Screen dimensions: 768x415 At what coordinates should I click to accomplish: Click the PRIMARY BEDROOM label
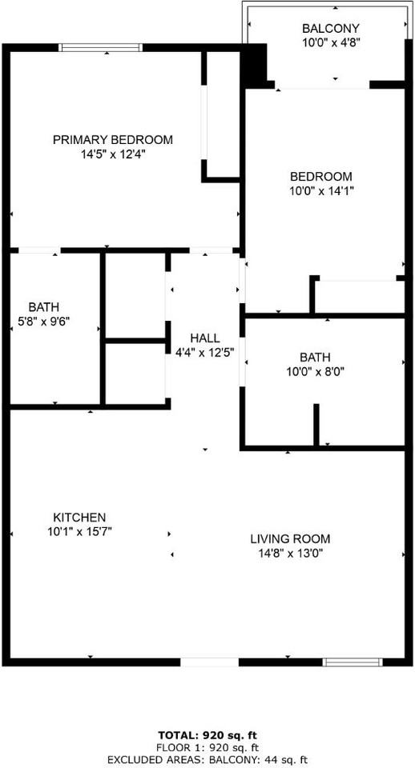pyautogui.click(x=112, y=140)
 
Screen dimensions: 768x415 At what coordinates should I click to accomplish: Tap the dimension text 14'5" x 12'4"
pyautogui.click(x=112, y=154)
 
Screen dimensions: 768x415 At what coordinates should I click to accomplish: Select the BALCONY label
pyautogui.click(x=331, y=28)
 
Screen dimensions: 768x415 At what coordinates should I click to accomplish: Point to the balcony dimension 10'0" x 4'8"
pyautogui.click(x=331, y=42)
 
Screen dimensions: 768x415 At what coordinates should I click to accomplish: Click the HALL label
pyautogui.click(x=204, y=338)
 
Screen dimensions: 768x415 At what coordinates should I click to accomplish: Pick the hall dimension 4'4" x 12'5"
pyautogui.click(x=207, y=351)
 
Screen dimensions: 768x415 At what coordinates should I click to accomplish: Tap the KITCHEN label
pyautogui.click(x=79, y=518)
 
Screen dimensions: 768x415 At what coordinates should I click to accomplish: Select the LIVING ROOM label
pyautogui.click(x=290, y=539)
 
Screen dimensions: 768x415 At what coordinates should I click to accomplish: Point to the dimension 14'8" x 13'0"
pyautogui.click(x=290, y=553)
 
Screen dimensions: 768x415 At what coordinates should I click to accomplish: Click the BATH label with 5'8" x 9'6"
pyautogui.click(x=43, y=307)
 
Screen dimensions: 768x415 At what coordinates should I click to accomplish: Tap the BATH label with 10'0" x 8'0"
pyautogui.click(x=315, y=357)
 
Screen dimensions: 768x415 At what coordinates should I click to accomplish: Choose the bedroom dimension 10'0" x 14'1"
pyautogui.click(x=320, y=190)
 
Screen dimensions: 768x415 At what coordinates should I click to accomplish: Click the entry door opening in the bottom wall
pyautogui.click(x=209, y=662)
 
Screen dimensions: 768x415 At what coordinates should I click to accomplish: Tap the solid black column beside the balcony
pyautogui.click(x=255, y=65)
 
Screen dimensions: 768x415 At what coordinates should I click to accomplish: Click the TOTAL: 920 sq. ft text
pyautogui.click(x=207, y=734)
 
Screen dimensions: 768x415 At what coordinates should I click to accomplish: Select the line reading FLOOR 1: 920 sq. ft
pyautogui.click(x=207, y=747)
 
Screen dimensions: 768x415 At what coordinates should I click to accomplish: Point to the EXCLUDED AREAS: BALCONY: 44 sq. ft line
pyautogui.click(x=207, y=759)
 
